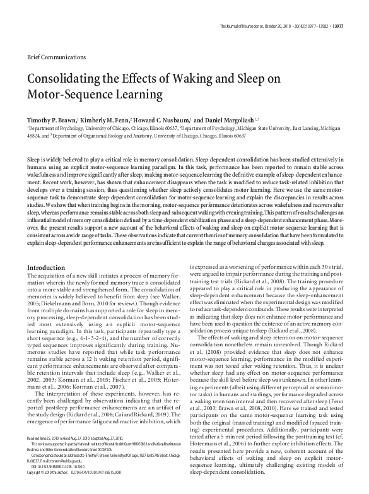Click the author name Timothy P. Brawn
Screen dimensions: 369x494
50,119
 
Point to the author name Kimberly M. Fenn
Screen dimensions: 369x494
105,119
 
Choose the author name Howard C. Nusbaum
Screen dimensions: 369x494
163,119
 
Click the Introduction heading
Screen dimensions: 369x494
46,268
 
